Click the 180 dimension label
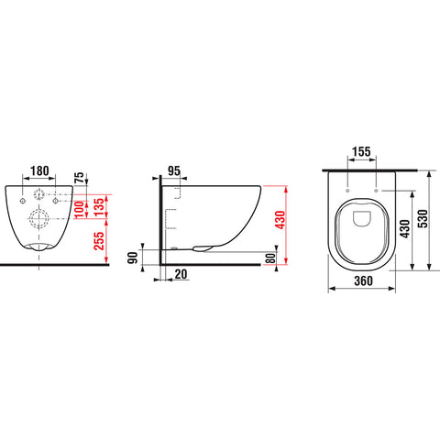(39, 170)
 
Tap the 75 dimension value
(79, 179)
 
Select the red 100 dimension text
(79, 209)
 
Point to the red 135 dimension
(99, 207)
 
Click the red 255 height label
(99, 241)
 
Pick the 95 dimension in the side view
(174, 170)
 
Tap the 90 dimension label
(133, 258)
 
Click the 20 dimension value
(181, 274)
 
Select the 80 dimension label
(270, 258)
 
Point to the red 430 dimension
(280, 220)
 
